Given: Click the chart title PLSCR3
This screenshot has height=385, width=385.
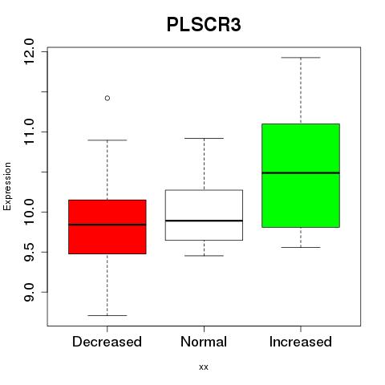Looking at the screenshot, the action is (204, 25).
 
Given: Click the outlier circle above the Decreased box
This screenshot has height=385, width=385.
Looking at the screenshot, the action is (107, 98).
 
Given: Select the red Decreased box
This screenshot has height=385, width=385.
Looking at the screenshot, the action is (107, 227).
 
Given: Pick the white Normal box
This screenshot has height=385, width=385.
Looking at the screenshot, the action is (204, 215).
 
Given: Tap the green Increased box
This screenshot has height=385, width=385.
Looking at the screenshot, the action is (301, 176).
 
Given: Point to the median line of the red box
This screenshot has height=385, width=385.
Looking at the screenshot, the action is (107, 225).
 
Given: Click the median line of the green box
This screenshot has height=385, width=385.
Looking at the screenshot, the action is (301, 172).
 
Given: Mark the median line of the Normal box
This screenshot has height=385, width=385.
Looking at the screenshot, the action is (204, 221).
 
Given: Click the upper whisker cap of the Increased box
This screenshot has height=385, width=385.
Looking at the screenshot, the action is (301, 58).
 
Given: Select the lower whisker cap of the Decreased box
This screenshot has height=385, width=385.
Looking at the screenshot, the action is (107, 315).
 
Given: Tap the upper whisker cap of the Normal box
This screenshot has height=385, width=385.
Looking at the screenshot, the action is (204, 138).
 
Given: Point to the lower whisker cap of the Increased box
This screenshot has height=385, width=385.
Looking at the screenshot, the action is (301, 247).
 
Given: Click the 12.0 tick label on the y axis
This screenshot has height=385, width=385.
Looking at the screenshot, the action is (29, 51).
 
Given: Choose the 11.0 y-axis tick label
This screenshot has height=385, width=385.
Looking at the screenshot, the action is (29, 132).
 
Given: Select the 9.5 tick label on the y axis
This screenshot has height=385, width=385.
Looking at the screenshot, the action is (29, 252).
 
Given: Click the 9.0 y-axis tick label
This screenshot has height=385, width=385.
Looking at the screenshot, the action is (29, 292).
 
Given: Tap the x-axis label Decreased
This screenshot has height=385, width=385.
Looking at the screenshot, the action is (107, 342).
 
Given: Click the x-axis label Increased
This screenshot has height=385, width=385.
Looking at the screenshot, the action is (301, 342).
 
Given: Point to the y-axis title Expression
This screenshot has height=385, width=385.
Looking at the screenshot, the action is (7, 186).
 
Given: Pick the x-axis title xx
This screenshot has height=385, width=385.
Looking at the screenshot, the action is (204, 367).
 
